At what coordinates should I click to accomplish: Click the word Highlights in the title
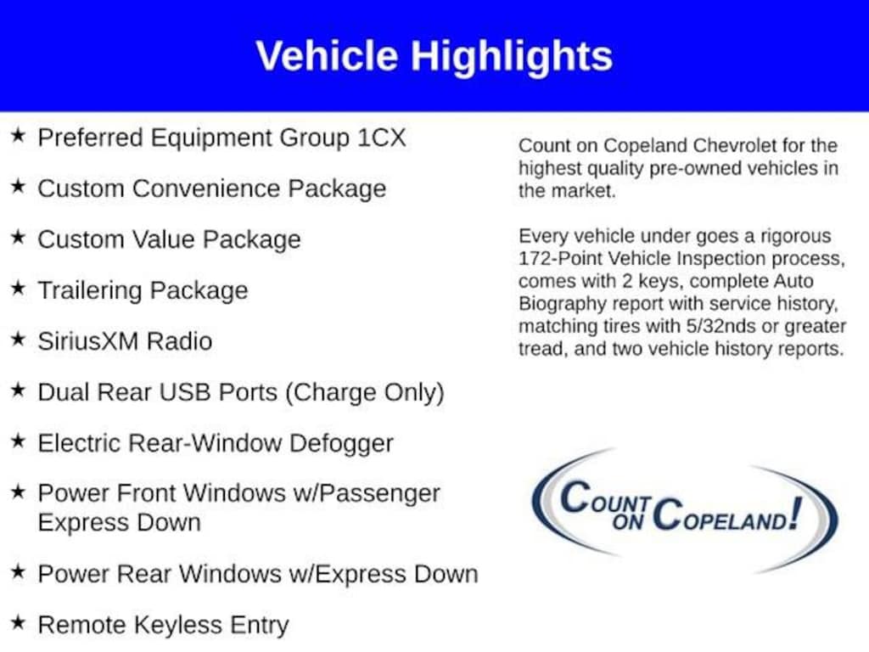[511, 57]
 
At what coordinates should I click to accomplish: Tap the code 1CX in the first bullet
[382, 138]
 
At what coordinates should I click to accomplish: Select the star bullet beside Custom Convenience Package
[19, 186]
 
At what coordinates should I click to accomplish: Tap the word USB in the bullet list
[185, 392]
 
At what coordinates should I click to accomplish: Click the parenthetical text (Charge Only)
[365, 392]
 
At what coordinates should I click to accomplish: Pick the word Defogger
[341, 443]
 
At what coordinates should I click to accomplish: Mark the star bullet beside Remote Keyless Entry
[19, 622]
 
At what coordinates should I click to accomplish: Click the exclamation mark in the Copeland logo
[796, 514]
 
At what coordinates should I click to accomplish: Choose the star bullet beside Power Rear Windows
[19, 571]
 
